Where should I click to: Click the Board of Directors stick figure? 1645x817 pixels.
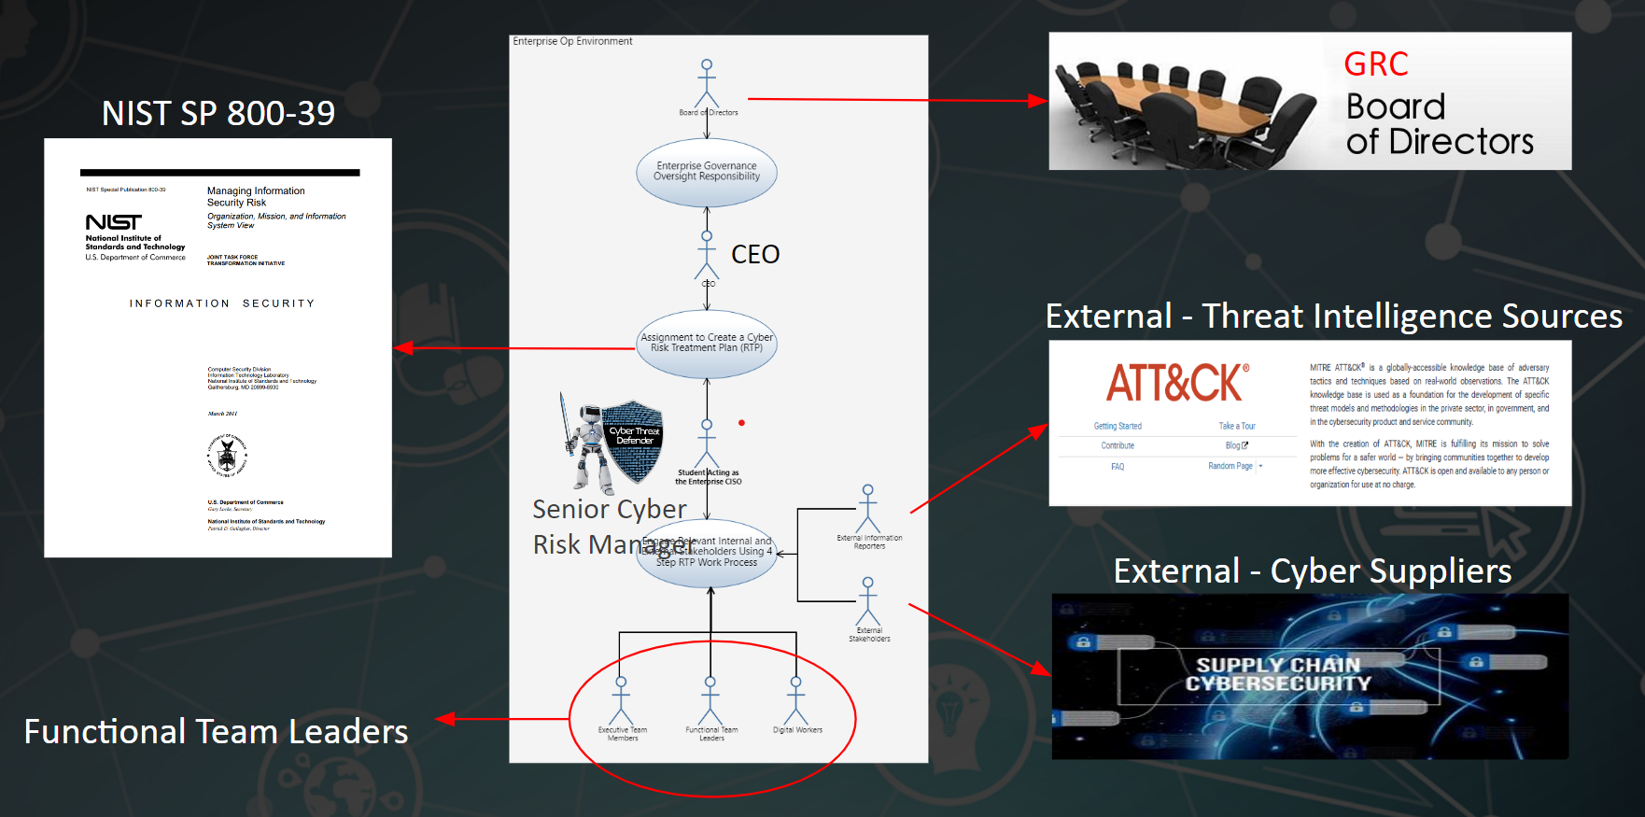(x=707, y=84)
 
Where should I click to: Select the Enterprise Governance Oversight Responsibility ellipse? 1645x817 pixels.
(x=707, y=172)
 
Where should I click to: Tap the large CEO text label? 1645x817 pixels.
(x=754, y=254)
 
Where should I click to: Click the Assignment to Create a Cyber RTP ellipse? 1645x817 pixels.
(x=707, y=344)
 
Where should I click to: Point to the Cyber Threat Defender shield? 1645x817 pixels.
(x=633, y=439)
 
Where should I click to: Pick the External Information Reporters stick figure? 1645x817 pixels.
(x=868, y=510)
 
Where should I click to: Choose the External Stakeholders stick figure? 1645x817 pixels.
(x=868, y=602)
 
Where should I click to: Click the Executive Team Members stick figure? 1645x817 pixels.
(x=621, y=700)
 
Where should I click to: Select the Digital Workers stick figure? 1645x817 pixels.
(x=796, y=700)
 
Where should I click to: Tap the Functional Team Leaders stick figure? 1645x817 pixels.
(x=710, y=700)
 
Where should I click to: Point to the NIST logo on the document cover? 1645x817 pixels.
(x=114, y=222)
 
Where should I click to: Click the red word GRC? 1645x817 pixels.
(x=1375, y=64)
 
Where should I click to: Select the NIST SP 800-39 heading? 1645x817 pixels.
(x=218, y=113)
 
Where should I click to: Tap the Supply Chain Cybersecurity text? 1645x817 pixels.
(x=1278, y=674)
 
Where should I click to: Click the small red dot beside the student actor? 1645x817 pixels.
(x=741, y=423)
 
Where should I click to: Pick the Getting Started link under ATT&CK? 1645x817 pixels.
(x=1118, y=426)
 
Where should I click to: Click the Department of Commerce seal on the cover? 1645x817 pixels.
(x=227, y=456)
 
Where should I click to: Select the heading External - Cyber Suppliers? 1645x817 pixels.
(x=1312, y=570)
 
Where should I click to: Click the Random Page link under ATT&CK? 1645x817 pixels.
(x=1230, y=466)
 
